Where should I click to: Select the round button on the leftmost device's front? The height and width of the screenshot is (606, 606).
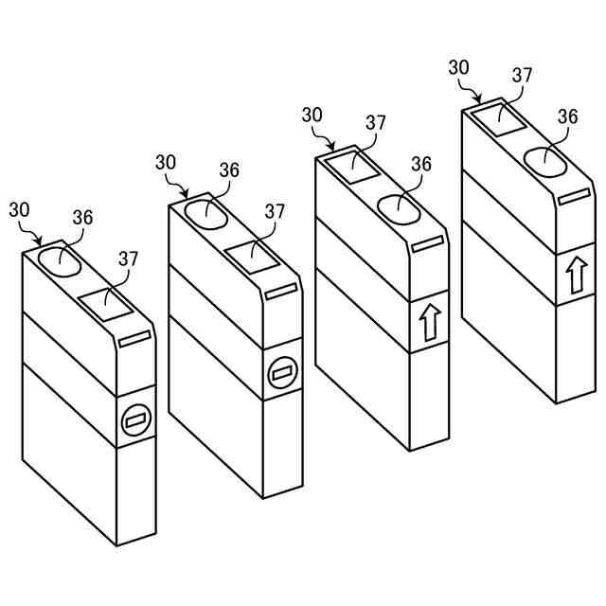coord(135,419)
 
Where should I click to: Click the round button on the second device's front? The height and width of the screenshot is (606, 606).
coord(281,374)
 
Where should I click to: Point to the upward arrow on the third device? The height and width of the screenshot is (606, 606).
coord(429,323)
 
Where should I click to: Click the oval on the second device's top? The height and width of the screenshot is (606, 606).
coord(206,213)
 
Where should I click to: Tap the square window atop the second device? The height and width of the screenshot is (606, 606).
coord(252,257)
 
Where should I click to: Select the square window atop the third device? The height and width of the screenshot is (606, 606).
coord(352,166)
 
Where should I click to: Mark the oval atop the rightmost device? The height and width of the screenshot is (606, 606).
coord(545,161)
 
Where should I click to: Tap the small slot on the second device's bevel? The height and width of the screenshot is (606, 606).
coord(282,293)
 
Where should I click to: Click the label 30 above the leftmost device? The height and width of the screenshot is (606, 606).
coord(20,209)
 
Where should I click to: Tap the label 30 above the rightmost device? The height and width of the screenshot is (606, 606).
coord(459,67)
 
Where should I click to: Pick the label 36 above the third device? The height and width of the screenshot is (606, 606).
coord(421,164)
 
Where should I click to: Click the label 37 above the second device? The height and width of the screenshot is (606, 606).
coord(275,210)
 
